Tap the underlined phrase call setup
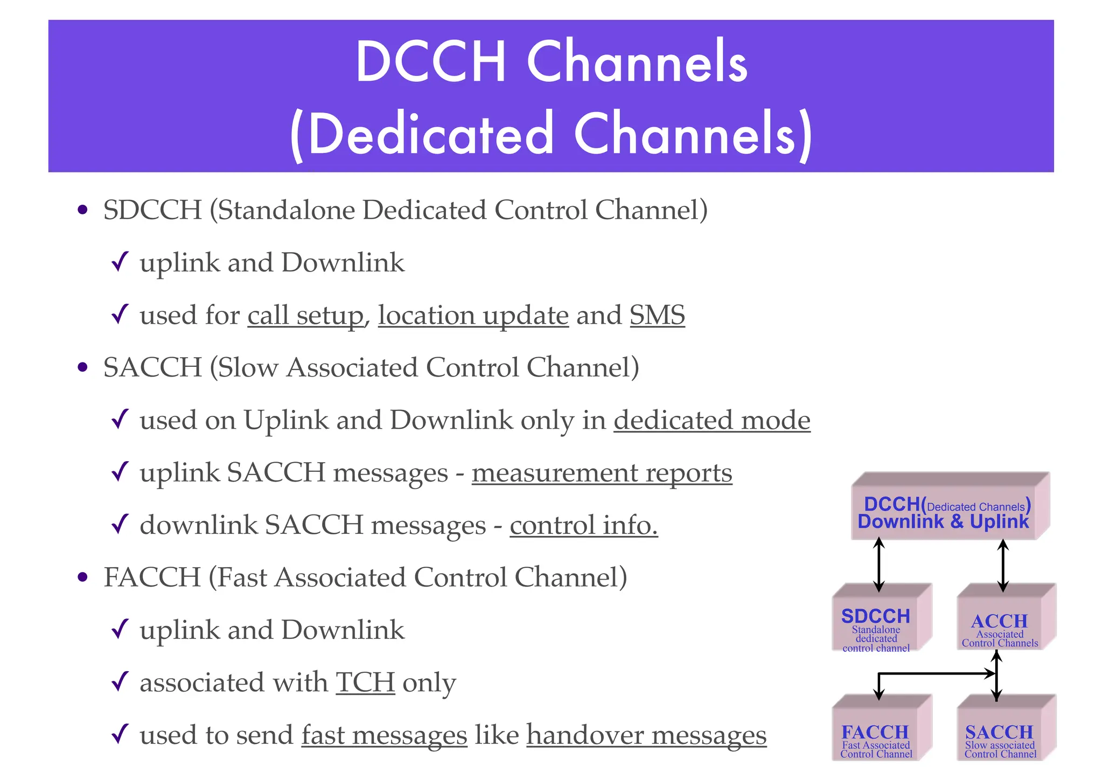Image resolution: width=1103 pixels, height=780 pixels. click(x=305, y=315)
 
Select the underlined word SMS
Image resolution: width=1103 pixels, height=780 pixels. click(x=657, y=315)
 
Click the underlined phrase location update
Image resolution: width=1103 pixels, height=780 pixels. click(x=473, y=315)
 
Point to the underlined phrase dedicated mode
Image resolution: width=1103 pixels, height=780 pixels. click(x=711, y=420)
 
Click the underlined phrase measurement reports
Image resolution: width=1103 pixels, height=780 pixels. click(x=602, y=473)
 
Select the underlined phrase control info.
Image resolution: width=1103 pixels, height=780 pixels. click(x=583, y=525)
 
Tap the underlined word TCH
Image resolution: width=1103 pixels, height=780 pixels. click(x=365, y=682)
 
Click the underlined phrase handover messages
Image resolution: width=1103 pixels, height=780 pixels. click(x=646, y=735)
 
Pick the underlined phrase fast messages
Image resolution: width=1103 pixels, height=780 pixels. click(x=384, y=735)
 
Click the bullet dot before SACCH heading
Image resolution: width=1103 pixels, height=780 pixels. click(x=82, y=368)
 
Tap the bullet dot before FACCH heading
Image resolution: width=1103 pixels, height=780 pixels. click(x=82, y=578)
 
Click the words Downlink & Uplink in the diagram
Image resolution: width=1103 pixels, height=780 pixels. click(x=943, y=521)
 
